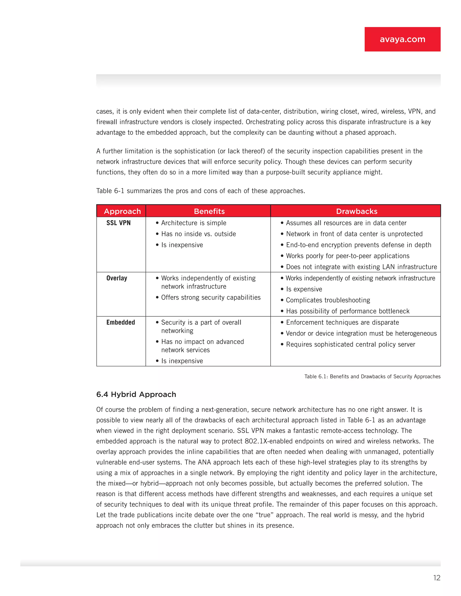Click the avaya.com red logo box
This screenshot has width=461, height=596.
point(402,39)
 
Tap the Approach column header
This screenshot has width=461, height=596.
point(122,211)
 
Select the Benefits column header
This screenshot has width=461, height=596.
point(209,211)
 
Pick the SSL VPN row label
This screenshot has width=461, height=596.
point(119,223)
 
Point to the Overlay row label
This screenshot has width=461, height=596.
point(117,278)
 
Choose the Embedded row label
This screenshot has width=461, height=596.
point(120,322)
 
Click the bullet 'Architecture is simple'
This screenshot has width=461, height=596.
point(194,223)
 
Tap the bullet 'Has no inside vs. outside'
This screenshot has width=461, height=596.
point(198,234)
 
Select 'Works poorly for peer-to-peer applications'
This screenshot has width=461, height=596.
point(347,256)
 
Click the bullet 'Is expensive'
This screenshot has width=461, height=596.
point(304,289)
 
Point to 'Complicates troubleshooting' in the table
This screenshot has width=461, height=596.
point(328,300)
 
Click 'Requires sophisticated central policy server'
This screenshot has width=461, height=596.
point(350,344)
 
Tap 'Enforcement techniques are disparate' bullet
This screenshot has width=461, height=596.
point(342,322)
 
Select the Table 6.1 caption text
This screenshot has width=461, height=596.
point(372,376)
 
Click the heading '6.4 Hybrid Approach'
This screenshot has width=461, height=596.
point(136,394)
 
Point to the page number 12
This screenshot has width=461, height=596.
point(436,578)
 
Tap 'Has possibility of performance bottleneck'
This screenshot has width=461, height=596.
point(347,311)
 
